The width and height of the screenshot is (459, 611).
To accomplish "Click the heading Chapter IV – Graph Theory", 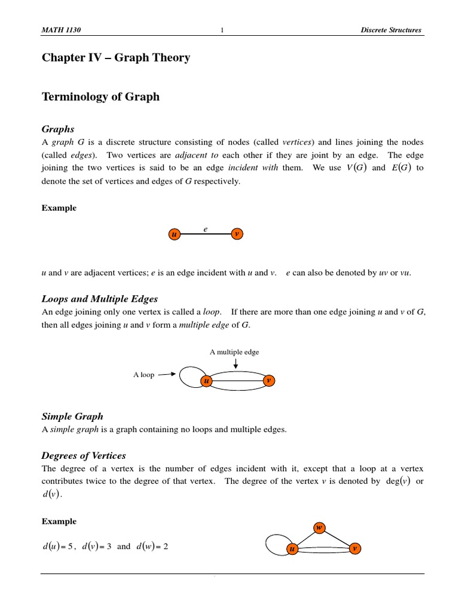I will [116, 58].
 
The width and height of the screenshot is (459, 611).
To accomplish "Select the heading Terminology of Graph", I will [100, 97].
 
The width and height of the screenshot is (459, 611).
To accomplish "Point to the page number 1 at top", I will [222, 30].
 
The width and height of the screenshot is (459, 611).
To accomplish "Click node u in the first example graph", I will [174, 234].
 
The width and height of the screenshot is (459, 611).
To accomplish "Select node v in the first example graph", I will [237, 234].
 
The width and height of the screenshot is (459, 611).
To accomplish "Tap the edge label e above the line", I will [205, 227].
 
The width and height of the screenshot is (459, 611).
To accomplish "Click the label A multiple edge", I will [234, 352].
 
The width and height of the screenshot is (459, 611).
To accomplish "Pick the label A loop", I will [143, 375].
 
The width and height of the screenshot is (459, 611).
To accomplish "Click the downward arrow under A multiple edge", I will [235, 363].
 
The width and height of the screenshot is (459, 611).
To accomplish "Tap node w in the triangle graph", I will [319, 527].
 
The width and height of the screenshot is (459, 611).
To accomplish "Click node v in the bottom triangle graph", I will [354, 548].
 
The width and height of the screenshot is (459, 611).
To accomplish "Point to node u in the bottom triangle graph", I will [292, 548].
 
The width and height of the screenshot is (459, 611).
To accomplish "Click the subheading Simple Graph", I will [72, 416].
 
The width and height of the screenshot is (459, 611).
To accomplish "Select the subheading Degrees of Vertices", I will [84, 456].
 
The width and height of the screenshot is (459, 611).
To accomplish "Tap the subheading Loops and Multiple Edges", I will [100, 299].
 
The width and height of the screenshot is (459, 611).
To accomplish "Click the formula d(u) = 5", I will [57, 547].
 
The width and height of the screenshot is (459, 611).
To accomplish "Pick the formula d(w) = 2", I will [152, 547].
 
